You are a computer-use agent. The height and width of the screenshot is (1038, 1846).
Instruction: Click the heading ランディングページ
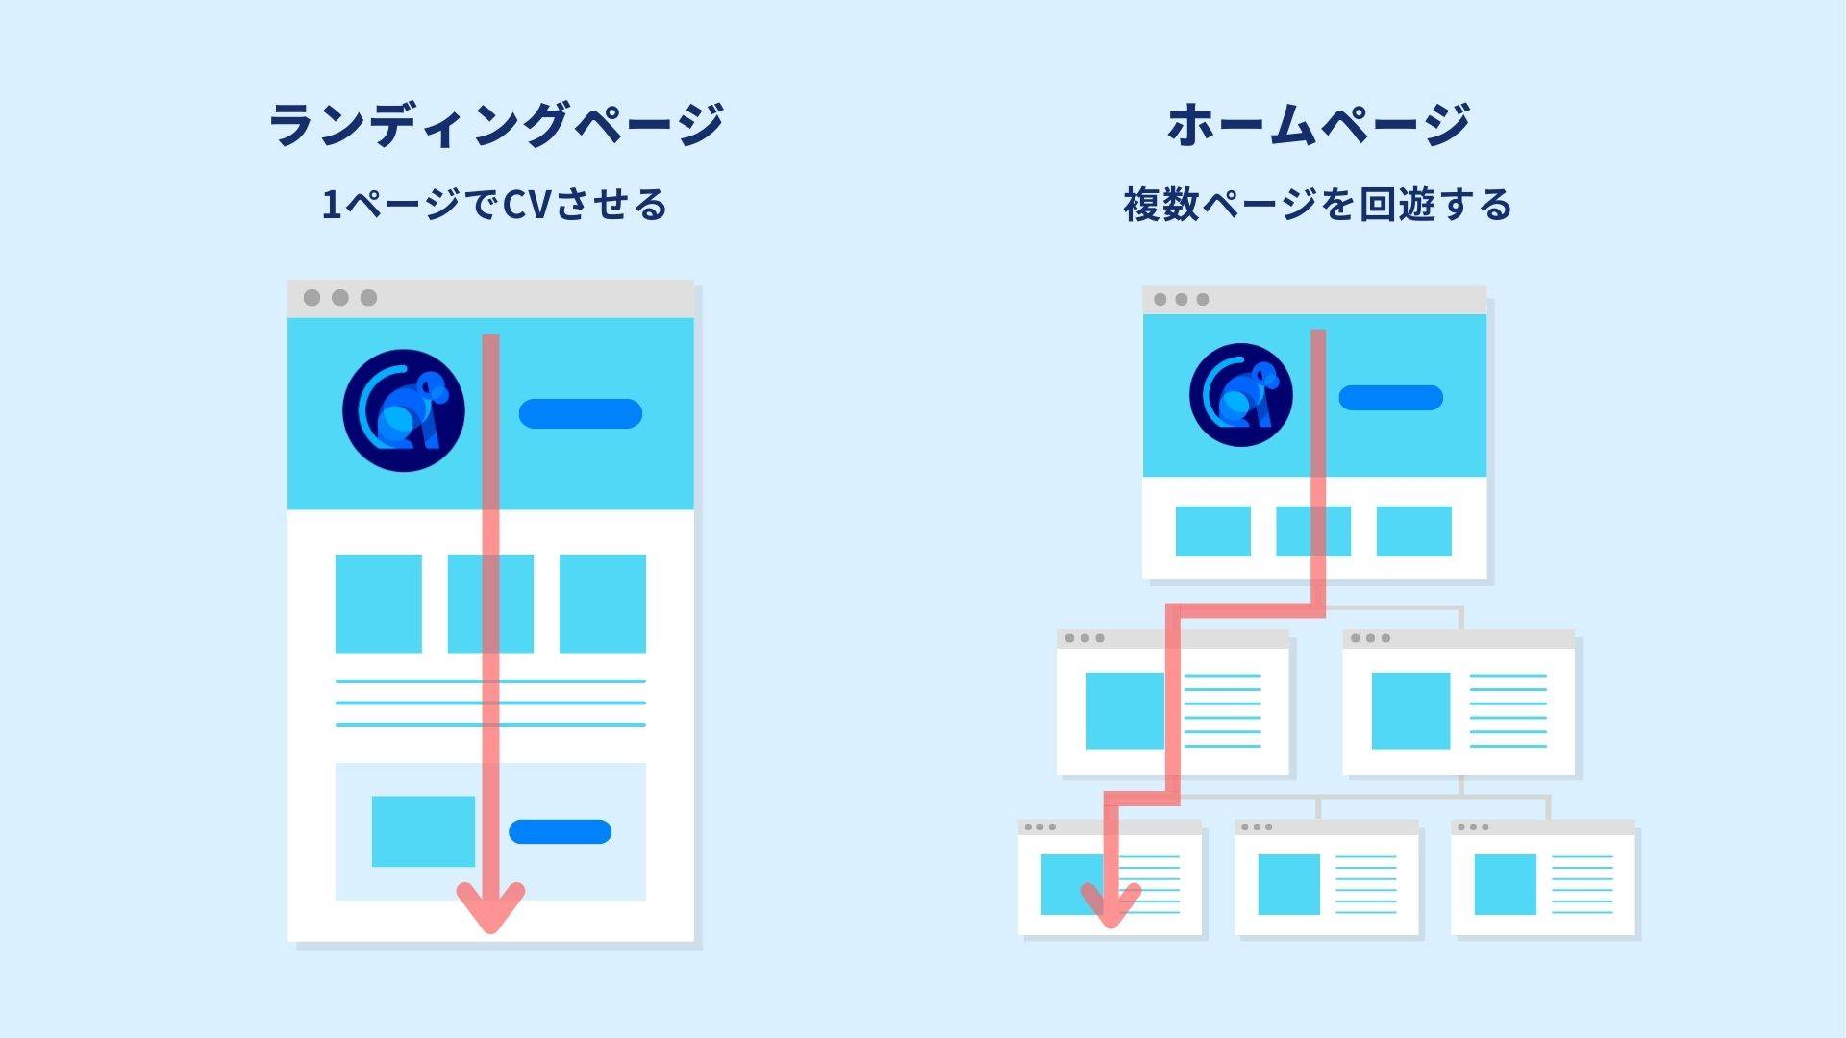pos(495,125)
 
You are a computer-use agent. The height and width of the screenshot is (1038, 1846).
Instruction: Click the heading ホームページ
pos(1318,125)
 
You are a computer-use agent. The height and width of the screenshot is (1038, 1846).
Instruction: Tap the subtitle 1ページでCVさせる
pos(494,205)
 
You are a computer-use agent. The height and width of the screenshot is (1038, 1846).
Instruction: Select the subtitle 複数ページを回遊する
pos(1317,205)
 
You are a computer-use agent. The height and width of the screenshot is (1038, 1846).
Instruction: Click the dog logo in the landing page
pos(404,410)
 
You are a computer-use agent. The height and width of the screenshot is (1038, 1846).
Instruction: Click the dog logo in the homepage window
pos(1240,395)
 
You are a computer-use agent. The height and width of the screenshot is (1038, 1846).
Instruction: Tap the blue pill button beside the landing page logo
pos(580,413)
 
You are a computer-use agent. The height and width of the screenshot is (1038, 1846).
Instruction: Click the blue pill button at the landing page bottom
pos(560,831)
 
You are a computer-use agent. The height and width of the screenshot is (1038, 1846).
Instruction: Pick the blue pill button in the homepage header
pos(1390,397)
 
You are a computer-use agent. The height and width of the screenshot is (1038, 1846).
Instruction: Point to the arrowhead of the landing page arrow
pos(490,908)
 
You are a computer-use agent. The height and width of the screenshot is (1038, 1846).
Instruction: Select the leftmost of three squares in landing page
pos(378,604)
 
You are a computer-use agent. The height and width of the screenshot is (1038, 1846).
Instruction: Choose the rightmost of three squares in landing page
pos(603,604)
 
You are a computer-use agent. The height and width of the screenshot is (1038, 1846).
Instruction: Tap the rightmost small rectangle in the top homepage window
pos(1413,531)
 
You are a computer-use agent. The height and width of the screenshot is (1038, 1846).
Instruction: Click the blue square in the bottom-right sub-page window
pos(1505,884)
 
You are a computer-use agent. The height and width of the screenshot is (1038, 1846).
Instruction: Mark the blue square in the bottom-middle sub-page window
pos(1288,884)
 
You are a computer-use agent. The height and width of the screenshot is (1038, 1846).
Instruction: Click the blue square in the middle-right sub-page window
pos(1410,711)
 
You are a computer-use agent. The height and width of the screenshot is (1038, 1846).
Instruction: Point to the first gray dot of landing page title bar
pos(312,298)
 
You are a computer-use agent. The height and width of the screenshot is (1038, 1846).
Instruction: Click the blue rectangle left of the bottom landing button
pos(423,831)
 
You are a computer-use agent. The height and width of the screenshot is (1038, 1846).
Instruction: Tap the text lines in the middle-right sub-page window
pos(1509,711)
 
